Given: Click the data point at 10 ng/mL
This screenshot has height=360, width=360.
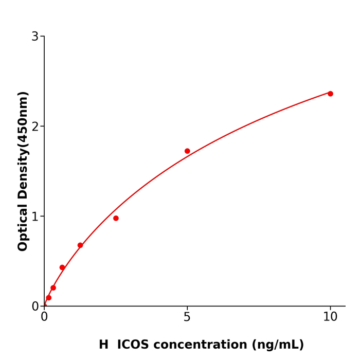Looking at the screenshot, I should tap(330, 94).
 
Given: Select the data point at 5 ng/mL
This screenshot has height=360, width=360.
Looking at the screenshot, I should tap(187, 151).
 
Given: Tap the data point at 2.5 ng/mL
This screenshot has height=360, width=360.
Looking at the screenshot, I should tap(116, 218).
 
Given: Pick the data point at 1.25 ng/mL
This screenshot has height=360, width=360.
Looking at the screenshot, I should tap(80, 245).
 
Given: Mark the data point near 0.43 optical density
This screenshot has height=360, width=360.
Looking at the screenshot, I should tap(62, 267).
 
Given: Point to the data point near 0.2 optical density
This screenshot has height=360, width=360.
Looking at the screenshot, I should tap(53, 288).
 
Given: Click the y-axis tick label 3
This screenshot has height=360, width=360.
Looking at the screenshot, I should tap(35, 37).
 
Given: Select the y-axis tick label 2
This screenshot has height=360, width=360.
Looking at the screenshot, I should tap(35, 127).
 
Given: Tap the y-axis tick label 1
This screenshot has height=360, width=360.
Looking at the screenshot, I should tap(35, 217).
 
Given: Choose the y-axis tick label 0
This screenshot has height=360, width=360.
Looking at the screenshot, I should tap(35, 307).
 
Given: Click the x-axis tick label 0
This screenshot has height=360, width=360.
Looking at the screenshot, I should tap(44, 317).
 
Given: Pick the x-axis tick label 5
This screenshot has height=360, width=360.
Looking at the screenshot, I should tap(187, 317).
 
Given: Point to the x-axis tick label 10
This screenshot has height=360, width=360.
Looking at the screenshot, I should tap(330, 317).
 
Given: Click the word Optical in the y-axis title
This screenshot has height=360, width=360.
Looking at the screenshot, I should tap(23, 228).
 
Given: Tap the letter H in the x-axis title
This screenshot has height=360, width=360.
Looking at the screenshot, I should tap(104, 345).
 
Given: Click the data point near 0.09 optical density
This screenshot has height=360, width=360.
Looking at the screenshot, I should tap(49, 298).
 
